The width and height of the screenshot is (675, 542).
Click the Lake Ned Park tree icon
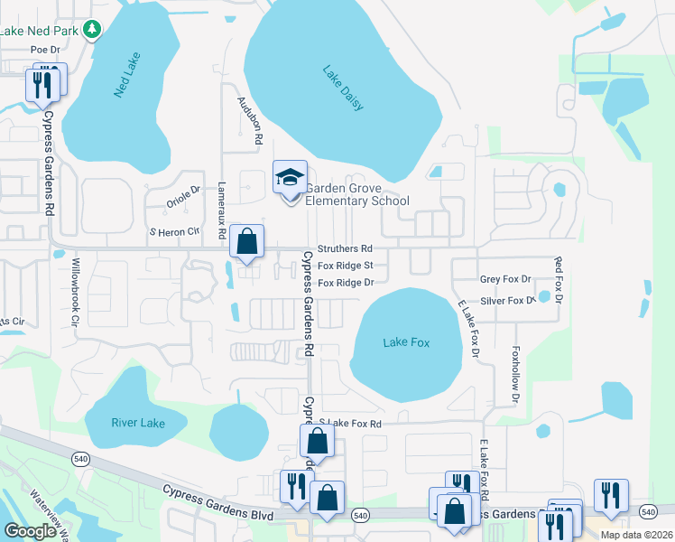(x=91, y=31)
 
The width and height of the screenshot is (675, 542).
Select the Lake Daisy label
(x=343, y=88)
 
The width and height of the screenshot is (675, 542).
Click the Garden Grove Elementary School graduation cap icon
(x=291, y=177)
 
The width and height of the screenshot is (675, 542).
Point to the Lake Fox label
(x=406, y=342)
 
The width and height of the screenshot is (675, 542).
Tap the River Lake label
(x=135, y=423)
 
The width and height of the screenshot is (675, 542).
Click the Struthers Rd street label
(x=344, y=248)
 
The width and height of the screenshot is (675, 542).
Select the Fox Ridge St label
(x=345, y=266)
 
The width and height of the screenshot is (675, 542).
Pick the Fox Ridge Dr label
(x=345, y=283)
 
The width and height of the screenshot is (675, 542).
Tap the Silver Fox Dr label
(x=508, y=300)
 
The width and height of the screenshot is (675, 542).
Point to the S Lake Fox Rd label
(x=350, y=423)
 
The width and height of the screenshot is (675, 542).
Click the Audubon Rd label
(x=249, y=120)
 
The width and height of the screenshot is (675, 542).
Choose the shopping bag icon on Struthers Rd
(x=246, y=242)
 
